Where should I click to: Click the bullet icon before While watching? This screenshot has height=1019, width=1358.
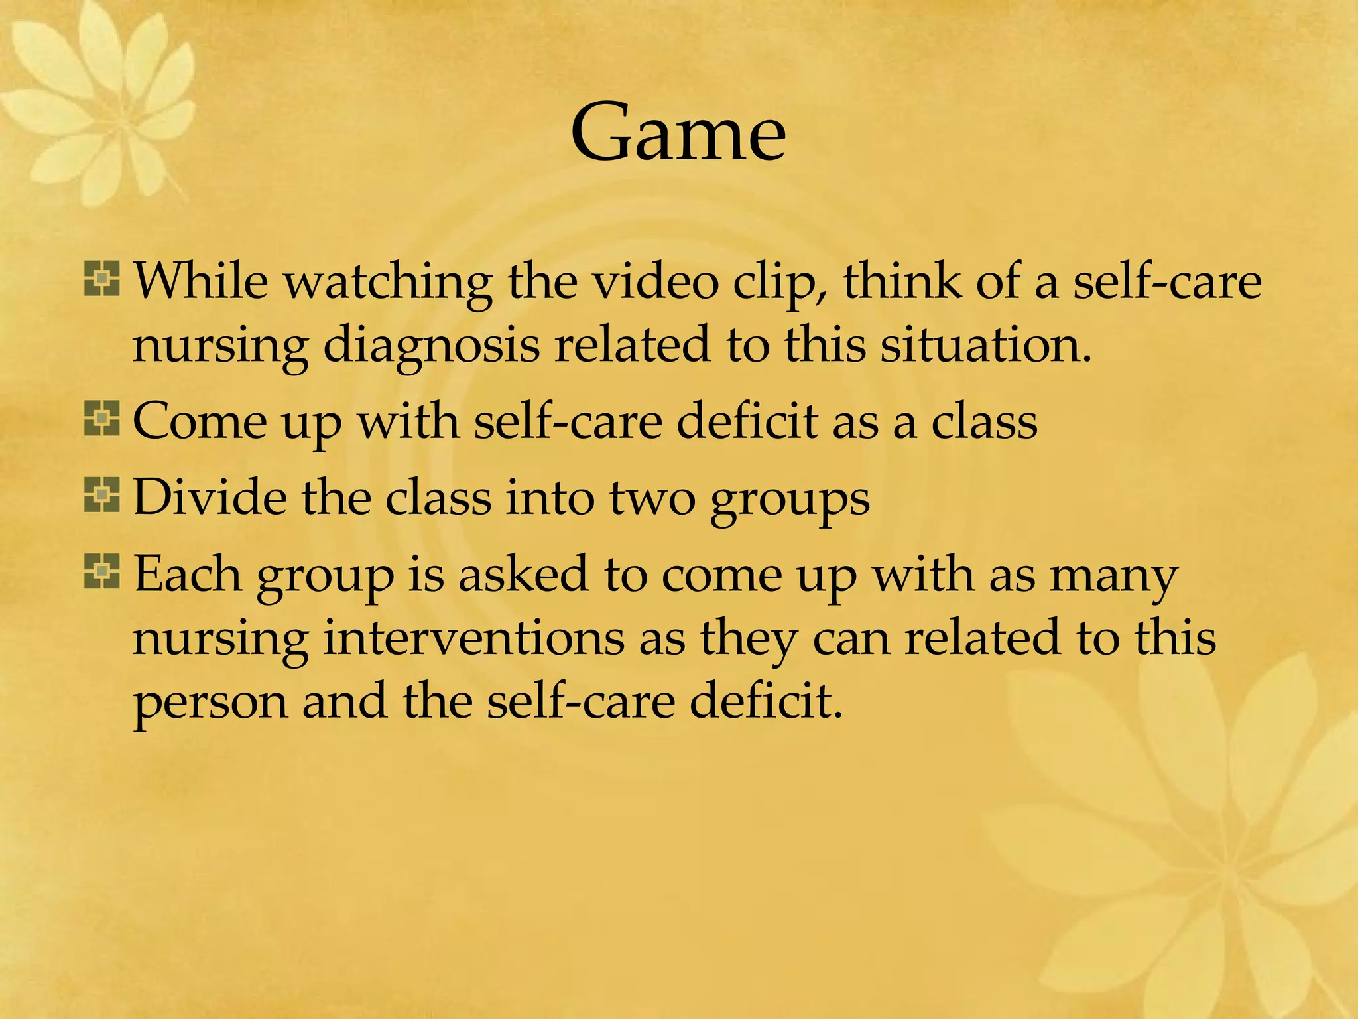(x=101, y=279)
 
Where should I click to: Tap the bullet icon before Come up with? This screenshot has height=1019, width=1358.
(x=101, y=419)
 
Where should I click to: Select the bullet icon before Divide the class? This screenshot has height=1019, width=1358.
(x=101, y=496)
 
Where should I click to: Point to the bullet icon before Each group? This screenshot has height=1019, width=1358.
(x=101, y=572)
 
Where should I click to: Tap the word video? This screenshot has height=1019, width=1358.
(x=655, y=281)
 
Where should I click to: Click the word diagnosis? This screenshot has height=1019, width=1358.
(x=431, y=346)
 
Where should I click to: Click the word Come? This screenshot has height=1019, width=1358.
(x=200, y=421)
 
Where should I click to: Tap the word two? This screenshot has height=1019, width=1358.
(x=652, y=499)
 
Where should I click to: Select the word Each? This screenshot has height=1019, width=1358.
(x=188, y=574)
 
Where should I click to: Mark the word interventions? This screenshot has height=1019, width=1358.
(x=474, y=638)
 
